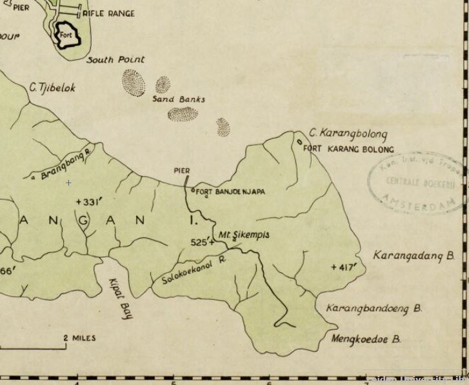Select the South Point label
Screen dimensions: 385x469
coord(115,59)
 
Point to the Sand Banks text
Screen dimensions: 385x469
coord(179,99)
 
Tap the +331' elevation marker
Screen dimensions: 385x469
coord(90,202)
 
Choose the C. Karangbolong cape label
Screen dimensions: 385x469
coord(348,134)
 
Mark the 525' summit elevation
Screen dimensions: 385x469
coord(202,242)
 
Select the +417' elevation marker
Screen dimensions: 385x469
coord(343,266)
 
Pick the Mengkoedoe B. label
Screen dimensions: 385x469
coord(366,339)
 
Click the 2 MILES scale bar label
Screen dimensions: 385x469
coord(80,338)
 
